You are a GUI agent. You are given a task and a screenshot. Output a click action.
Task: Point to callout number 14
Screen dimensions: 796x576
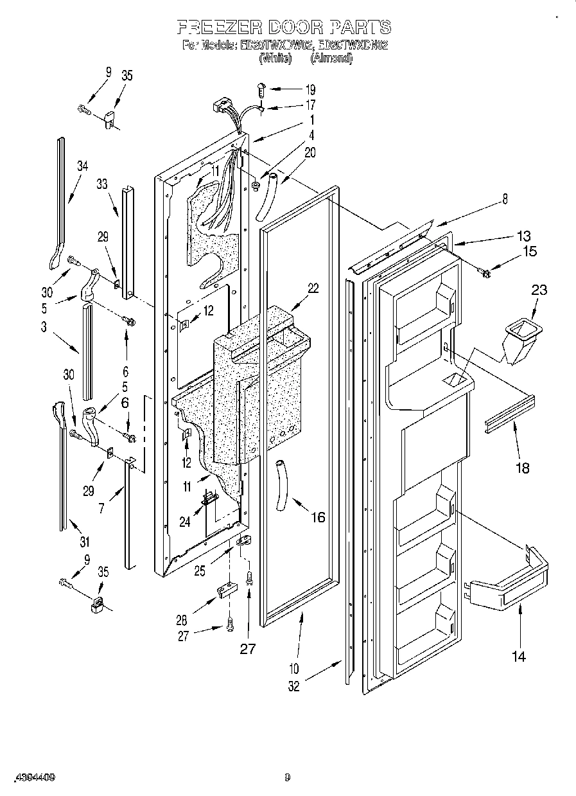pos(518,656)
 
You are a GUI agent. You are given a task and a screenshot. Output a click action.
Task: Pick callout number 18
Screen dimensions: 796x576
pos(523,468)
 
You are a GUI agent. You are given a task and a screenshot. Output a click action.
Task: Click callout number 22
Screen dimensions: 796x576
pos(313,288)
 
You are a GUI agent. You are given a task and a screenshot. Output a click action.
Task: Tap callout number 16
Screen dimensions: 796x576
pos(318,517)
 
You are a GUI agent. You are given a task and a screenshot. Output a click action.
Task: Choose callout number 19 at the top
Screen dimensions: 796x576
pos(310,89)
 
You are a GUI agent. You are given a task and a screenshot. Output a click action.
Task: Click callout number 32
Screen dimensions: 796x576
pos(293,687)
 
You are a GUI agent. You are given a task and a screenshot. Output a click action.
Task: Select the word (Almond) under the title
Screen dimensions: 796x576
pos(331,58)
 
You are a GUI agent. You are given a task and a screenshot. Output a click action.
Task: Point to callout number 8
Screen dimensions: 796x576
pos(505,200)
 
